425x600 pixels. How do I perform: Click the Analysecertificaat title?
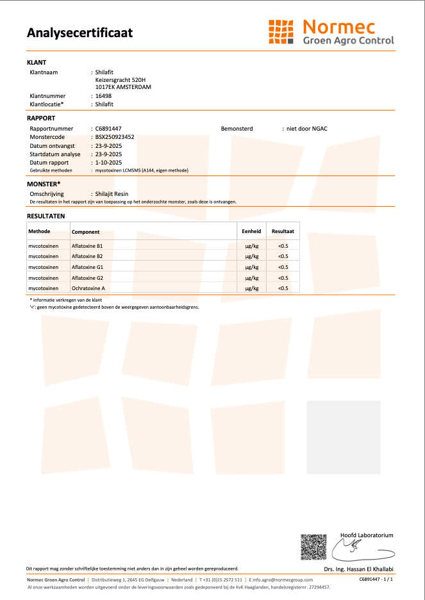pyautogui.click(x=79, y=33)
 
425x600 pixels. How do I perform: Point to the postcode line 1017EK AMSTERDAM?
pyautogui.click(x=123, y=86)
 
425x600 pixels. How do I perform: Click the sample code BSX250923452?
pyautogui.click(x=115, y=137)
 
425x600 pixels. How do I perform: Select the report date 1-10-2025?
pyautogui.click(x=108, y=163)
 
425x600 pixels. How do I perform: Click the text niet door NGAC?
pyautogui.click(x=307, y=129)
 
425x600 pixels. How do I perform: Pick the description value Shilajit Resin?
pyautogui.click(x=112, y=193)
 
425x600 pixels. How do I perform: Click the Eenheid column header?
pyautogui.click(x=251, y=231)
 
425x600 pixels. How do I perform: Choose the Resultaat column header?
pyautogui.click(x=283, y=231)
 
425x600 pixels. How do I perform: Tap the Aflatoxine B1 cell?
pyautogui.click(x=87, y=246)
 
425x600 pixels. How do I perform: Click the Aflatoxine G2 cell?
pyautogui.click(x=87, y=278)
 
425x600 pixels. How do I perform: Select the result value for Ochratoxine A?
pyautogui.click(x=283, y=289)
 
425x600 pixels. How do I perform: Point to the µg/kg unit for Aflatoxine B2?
pyautogui.click(x=252, y=257)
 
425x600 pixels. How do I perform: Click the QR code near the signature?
pyautogui.click(x=313, y=546)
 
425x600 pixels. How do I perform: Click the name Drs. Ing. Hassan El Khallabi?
pyautogui.click(x=359, y=569)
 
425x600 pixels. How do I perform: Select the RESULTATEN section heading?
pyautogui.click(x=46, y=216)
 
